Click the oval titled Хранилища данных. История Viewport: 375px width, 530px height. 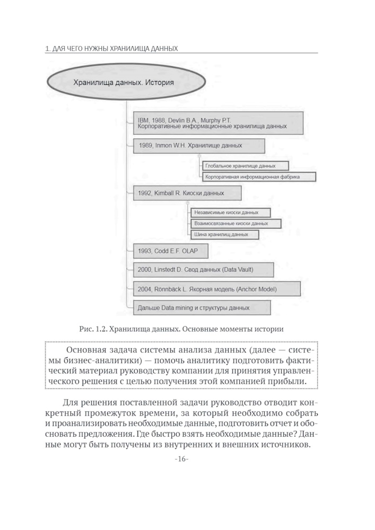[126, 83]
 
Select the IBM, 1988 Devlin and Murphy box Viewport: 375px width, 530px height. [218, 123]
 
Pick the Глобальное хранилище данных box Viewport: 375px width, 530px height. [246, 165]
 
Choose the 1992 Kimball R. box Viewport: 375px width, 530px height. [187, 193]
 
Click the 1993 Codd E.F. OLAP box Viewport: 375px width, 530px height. [170, 251]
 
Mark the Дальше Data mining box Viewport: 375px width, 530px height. [202, 307]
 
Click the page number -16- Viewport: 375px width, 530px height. [181, 459]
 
